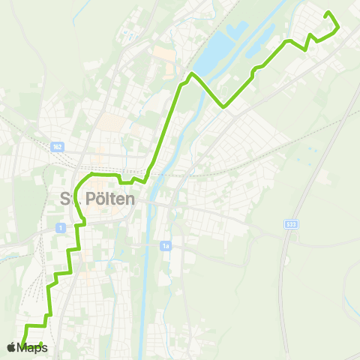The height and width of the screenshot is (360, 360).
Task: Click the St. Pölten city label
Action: click(96, 199)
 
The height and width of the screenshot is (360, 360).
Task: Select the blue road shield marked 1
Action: click(60, 227)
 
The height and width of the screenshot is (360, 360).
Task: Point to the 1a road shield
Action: click(166, 245)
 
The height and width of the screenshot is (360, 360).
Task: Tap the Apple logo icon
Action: click(10, 347)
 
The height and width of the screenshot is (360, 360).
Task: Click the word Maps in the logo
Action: click(32, 347)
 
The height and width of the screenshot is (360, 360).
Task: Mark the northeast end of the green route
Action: click(327, 13)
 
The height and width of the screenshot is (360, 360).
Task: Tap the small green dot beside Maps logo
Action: click(41, 345)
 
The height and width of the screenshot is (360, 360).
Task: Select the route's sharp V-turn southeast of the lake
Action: click(223, 107)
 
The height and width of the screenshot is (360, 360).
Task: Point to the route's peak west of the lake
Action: click(193, 73)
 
